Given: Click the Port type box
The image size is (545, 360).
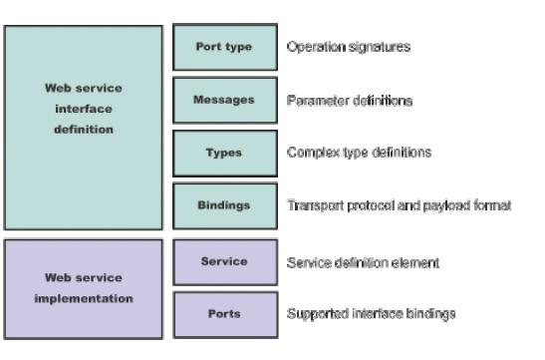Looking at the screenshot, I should [x=224, y=47].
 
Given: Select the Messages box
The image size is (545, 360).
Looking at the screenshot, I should [x=224, y=100].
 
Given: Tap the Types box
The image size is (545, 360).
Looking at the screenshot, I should [x=224, y=153].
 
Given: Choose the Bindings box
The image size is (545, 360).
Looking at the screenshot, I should [x=224, y=205].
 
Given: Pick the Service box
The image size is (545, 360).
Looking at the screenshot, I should [x=224, y=261].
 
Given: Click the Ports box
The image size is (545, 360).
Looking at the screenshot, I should [x=224, y=314].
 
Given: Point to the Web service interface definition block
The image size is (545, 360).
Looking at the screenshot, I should [x=83, y=127].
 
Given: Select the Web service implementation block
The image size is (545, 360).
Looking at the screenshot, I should [x=83, y=288].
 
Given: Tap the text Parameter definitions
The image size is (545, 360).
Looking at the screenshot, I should [x=350, y=100].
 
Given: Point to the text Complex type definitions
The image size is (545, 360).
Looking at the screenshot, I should [x=358, y=153].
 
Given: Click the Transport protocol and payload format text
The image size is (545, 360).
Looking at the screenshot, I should [x=399, y=205].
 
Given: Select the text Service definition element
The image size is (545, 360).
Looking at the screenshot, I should [x=362, y=262].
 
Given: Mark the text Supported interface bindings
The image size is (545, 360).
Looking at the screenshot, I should [x=370, y=314].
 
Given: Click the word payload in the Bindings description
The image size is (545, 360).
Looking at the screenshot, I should [x=445, y=206].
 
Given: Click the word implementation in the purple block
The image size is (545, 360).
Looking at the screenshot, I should [x=84, y=297].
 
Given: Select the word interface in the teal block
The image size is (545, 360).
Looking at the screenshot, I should [x=84, y=109].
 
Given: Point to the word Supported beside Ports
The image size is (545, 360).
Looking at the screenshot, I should [x=314, y=314].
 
